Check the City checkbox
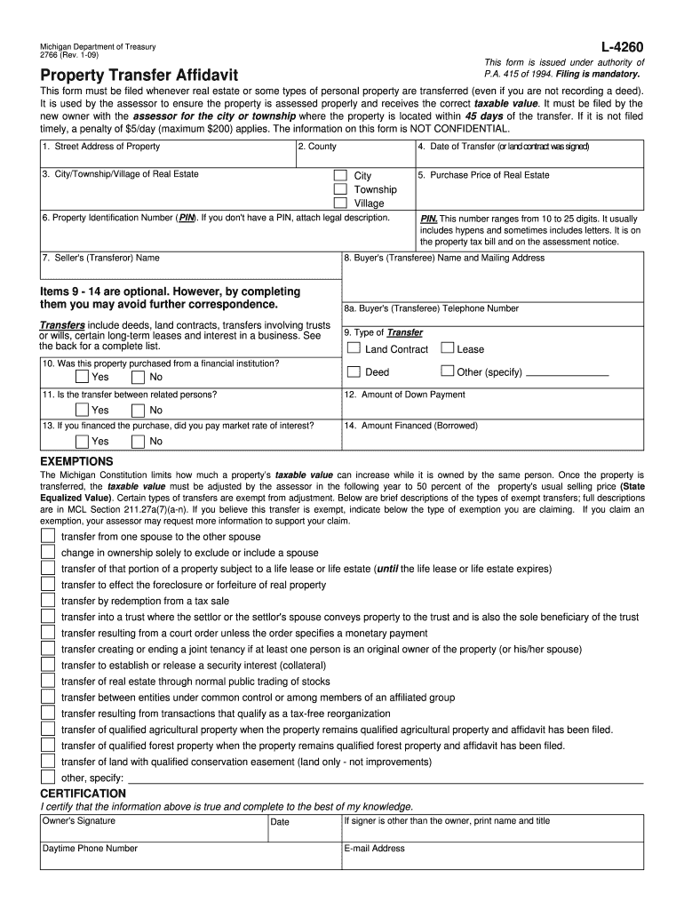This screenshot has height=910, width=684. (340, 176)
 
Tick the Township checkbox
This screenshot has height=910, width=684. (340, 189)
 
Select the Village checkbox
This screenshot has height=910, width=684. (340, 204)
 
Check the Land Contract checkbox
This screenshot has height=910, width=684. (353, 349)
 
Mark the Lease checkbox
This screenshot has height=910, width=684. (448, 349)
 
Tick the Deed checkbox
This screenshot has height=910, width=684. (353, 372)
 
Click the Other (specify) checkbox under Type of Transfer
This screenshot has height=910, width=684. (448, 372)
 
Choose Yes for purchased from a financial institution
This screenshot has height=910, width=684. (82, 377)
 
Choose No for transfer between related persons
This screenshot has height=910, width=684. (138, 410)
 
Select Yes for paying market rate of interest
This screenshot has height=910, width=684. (82, 441)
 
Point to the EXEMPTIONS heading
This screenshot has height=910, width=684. (77, 462)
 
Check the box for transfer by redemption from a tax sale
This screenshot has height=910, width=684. (48, 601)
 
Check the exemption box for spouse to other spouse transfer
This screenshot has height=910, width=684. (48, 537)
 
